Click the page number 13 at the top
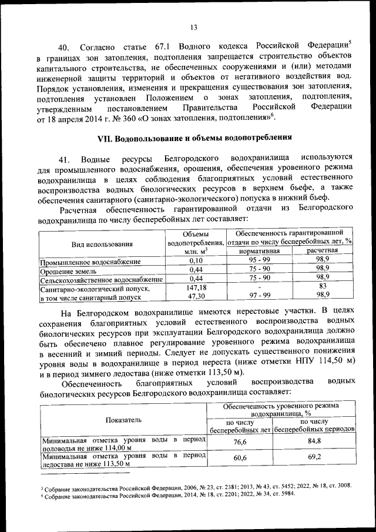[x=193, y=25]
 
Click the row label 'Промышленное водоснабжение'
[x=90, y=261]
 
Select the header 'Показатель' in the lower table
[x=123, y=420]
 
